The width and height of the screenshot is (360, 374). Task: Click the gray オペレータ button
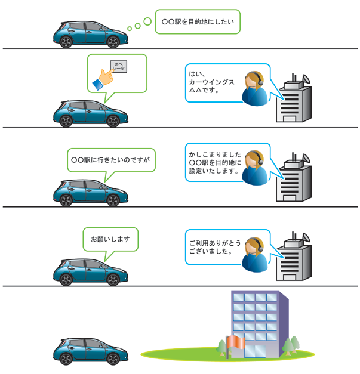coord(118,66)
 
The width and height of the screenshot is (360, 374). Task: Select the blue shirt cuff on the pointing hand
coord(97,85)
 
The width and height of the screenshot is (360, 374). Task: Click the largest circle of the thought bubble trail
coord(147,21)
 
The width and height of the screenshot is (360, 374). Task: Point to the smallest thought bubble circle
coord(130,29)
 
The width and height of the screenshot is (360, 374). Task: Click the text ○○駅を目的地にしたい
coord(198,22)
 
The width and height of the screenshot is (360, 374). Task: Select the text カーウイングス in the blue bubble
coord(211,82)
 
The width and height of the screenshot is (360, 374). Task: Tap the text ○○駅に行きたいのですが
coord(110,160)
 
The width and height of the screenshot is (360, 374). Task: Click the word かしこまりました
coord(215,154)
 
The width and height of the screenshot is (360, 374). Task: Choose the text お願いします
coord(110,239)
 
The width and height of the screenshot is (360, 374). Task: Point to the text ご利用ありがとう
coord(215,243)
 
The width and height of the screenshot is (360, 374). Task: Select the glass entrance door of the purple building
coord(255,351)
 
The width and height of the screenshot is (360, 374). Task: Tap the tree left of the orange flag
coord(221,348)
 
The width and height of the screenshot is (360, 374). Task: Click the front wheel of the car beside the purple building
coord(113,359)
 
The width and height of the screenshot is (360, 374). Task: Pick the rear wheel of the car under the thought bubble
coord(66,42)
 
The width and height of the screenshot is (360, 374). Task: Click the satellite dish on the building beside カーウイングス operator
coord(306,79)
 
